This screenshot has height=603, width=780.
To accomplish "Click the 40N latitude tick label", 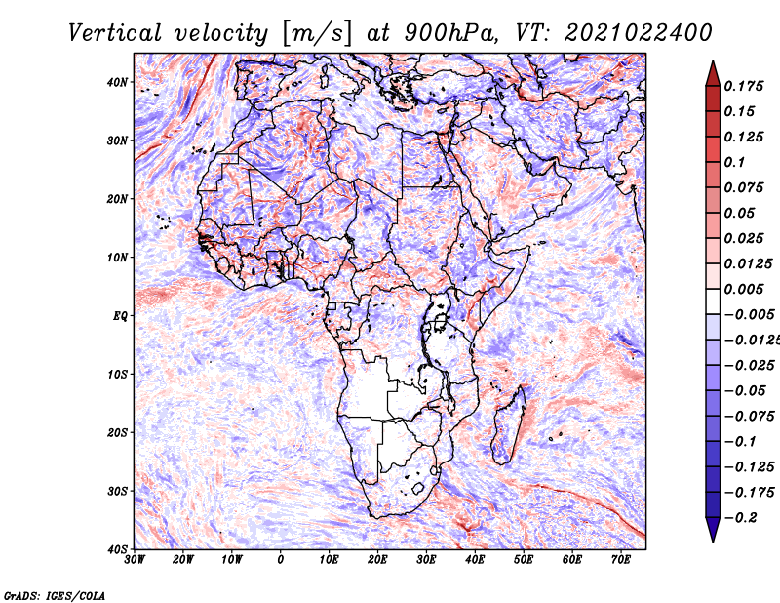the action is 117,82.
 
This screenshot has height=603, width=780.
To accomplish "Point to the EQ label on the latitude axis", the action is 120,316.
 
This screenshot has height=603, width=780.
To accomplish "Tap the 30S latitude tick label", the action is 117,492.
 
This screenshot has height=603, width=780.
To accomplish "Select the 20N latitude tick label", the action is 117,199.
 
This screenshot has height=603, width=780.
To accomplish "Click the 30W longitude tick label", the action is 135,560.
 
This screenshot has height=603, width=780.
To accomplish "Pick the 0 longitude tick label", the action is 281,560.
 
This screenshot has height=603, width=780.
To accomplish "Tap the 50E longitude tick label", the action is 524,560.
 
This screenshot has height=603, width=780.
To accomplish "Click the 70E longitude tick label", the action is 621,560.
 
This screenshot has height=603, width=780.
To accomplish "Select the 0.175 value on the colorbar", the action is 744,87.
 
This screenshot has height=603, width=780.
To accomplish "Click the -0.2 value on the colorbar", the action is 741,518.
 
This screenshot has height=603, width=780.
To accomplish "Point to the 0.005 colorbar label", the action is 744,289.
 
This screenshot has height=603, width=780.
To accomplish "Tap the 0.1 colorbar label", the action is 735,162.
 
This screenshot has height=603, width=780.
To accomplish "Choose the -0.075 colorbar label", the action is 749,417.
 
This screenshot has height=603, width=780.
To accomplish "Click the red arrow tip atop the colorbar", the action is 713,61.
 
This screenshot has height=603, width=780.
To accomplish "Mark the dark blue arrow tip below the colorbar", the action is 713,542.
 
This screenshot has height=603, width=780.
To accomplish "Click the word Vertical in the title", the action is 115,33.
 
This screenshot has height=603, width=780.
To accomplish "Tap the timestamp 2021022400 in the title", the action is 639,33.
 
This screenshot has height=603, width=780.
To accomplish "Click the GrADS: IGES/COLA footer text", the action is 55,596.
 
